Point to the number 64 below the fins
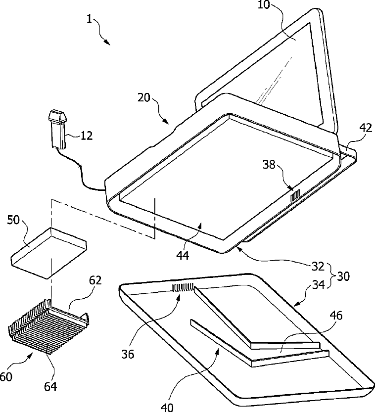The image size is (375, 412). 51,385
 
